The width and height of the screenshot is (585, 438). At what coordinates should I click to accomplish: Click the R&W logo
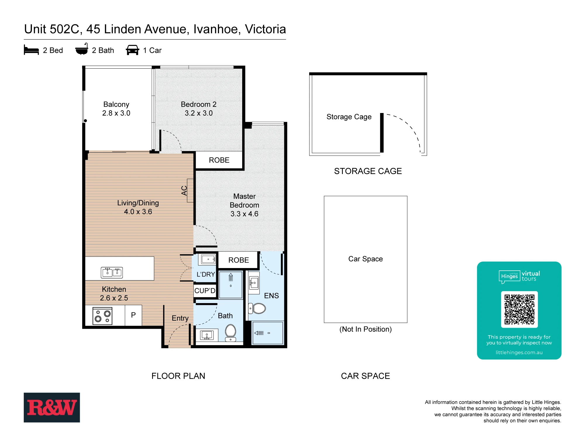pyautogui.click(x=52, y=407)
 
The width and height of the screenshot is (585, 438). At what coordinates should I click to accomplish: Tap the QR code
pyautogui.click(x=519, y=309)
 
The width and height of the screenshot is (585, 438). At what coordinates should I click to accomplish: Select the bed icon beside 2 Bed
pyautogui.click(x=31, y=50)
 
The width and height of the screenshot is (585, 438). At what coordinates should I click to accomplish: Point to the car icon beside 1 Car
pyautogui.click(x=133, y=50)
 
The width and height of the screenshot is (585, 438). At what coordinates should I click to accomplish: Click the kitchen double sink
pyautogui.click(x=112, y=272)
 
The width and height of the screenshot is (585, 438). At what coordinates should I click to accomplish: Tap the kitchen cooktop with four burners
pyautogui.click(x=102, y=316)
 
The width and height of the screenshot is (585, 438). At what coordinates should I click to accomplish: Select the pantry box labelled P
pyautogui.click(x=133, y=315)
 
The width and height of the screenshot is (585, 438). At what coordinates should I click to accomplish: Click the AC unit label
pyautogui.click(x=184, y=191)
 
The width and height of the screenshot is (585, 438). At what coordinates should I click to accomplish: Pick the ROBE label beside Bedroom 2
pyautogui.click(x=219, y=160)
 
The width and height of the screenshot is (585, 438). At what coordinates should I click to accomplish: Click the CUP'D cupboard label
pyautogui.click(x=205, y=291)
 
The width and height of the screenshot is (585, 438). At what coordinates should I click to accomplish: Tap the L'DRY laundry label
pyautogui.click(x=206, y=274)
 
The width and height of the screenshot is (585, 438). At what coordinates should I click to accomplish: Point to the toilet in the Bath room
pyautogui.click(x=230, y=333)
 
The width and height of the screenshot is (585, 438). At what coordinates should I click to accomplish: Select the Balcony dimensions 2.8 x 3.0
pyautogui.click(x=116, y=113)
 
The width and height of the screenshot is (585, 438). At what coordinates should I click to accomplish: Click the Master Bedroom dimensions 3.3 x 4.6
pyautogui.click(x=244, y=214)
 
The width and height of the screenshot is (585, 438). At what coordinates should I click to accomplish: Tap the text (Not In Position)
pyautogui.click(x=365, y=329)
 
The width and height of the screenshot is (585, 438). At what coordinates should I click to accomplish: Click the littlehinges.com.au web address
pyautogui.click(x=519, y=352)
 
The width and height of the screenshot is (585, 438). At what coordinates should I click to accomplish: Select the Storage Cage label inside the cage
pyautogui.click(x=349, y=117)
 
